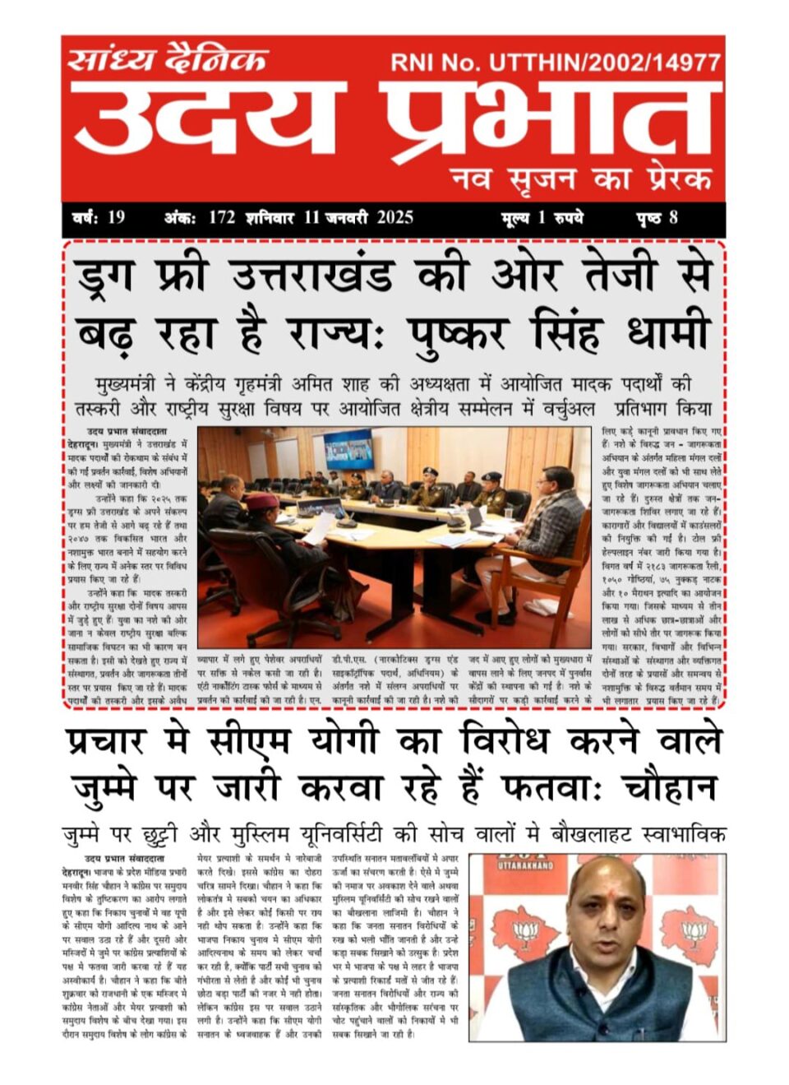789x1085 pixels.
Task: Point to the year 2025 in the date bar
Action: click(x=394, y=218)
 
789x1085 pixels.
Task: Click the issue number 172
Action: click(x=222, y=218)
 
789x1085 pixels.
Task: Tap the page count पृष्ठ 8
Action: click(x=657, y=218)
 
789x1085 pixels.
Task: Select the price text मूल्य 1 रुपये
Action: click(x=542, y=218)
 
